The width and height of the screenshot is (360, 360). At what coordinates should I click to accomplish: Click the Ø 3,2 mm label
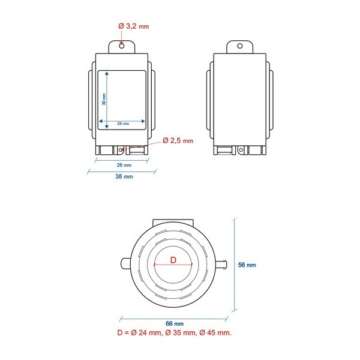pos(134,26)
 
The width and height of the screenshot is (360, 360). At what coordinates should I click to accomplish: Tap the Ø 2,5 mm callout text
pos(178,140)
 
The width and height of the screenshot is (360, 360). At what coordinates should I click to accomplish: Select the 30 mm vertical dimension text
pos(104,99)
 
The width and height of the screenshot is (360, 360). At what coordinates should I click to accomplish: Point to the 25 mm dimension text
pos(123,124)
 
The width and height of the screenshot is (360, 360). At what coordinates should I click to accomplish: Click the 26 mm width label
pos(124,165)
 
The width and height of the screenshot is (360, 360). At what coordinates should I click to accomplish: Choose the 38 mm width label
pos(124,176)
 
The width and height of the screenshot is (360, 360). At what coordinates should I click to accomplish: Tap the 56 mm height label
pos(247,265)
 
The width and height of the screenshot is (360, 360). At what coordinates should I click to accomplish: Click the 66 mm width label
pos(175,324)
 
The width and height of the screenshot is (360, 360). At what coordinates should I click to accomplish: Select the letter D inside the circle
pos(173,260)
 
